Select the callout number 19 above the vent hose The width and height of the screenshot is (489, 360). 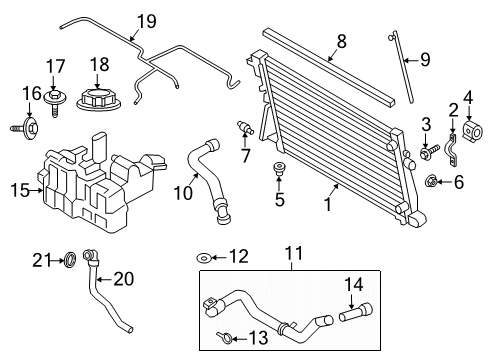pyautogui.click(x=147, y=21)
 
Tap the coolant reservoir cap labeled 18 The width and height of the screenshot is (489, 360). pyautogui.click(x=102, y=101)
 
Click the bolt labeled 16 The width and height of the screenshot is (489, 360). pyautogui.click(x=25, y=128)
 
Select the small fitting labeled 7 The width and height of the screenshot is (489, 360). pyautogui.click(x=242, y=129)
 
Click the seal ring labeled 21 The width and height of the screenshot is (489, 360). pyautogui.click(x=70, y=262)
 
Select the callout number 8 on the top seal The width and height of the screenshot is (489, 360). pyautogui.click(x=340, y=42)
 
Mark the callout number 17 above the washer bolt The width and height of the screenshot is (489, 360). pyautogui.click(x=52, y=68)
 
